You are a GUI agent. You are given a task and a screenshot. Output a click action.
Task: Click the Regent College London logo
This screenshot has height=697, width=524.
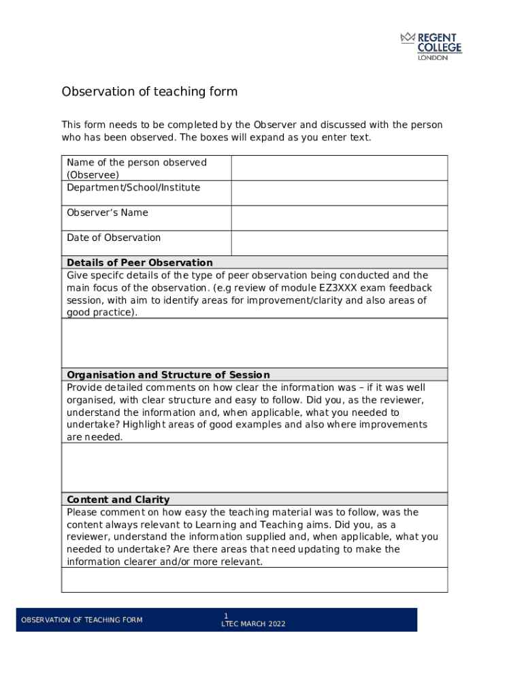(x=431, y=46)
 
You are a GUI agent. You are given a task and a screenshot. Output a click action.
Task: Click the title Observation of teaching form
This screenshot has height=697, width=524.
(x=150, y=92)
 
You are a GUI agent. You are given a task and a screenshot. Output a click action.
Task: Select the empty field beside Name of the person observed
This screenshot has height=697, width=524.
(x=339, y=167)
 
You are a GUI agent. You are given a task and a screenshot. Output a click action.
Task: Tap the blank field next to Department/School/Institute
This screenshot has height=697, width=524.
(x=339, y=193)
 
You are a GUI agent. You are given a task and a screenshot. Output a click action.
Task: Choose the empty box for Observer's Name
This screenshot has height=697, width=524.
(x=339, y=218)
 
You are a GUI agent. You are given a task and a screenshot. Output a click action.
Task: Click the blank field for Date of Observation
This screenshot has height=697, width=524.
(x=339, y=243)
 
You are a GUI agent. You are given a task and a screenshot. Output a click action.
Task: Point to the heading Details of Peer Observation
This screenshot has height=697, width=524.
(x=140, y=263)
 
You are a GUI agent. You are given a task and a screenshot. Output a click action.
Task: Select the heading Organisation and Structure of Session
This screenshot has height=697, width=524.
(x=168, y=375)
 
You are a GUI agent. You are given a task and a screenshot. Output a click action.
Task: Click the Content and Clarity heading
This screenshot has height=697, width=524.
(x=118, y=500)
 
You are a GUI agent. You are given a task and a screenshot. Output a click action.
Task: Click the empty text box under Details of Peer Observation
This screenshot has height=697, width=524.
(x=255, y=343)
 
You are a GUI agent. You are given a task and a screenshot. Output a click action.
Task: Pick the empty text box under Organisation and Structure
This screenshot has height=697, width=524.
(x=255, y=468)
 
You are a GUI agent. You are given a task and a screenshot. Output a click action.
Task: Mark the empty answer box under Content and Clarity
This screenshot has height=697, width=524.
(x=255, y=580)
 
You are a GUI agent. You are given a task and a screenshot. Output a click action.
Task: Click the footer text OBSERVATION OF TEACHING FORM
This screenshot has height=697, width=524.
(x=82, y=620)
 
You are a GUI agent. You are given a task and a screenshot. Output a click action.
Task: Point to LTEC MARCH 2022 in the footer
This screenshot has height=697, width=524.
(x=254, y=624)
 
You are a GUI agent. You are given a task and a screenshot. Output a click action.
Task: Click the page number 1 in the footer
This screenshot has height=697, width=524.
(x=226, y=615)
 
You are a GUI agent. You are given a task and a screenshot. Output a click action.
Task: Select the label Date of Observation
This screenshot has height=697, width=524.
(x=114, y=238)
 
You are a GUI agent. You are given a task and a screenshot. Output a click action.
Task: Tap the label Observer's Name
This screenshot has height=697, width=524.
(x=107, y=212)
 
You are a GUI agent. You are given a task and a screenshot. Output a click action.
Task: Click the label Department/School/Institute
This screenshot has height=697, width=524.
(x=133, y=187)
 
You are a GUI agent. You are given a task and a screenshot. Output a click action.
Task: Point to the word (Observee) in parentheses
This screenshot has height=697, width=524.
(x=93, y=175)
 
